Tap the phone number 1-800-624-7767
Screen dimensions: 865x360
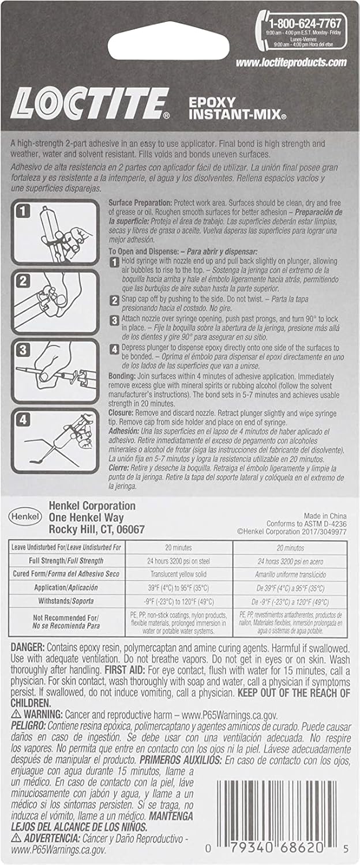point(305,24)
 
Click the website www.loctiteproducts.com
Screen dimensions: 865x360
point(291,62)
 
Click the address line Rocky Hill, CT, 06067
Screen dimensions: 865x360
point(96,529)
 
